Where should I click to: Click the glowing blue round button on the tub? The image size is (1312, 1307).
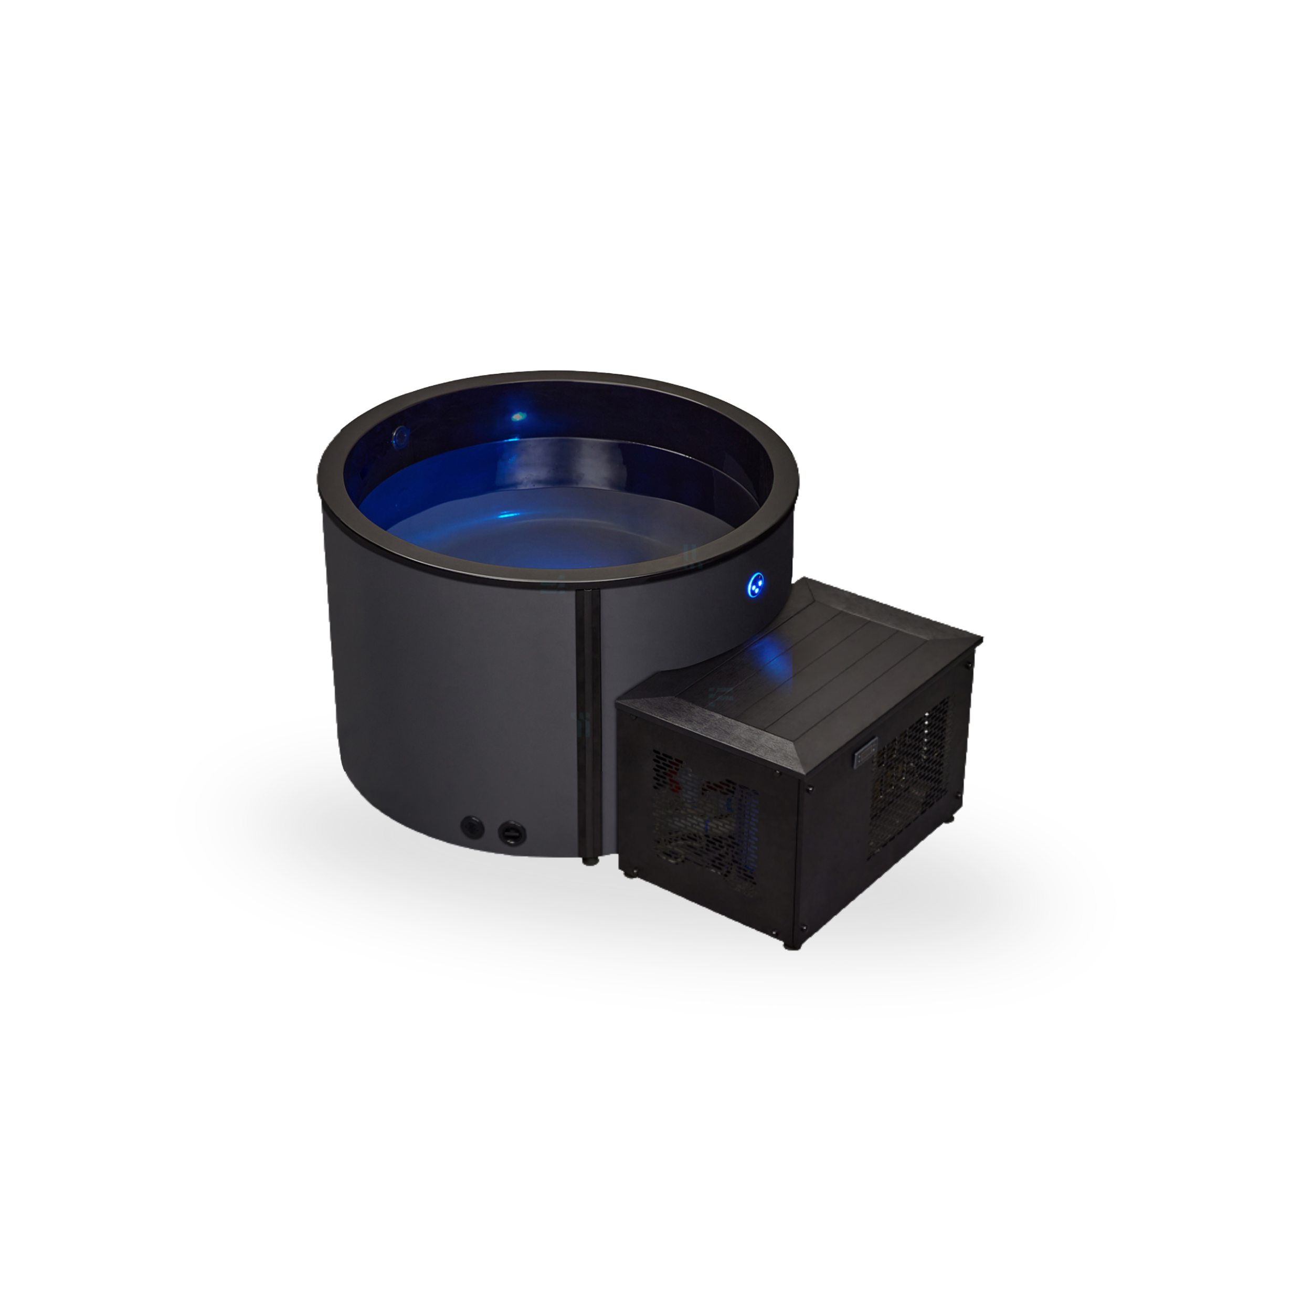(x=756, y=584)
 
